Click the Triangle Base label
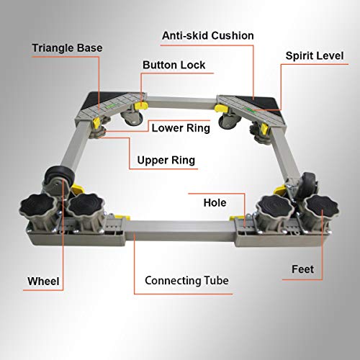click(67, 48)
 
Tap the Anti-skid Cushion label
click(208, 36)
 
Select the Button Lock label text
click(174, 65)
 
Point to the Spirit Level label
click(315, 56)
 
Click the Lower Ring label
click(181, 128)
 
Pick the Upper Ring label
click(166, 161)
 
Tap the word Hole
click(215, 203)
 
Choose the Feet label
click(302, 269)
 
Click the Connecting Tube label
click(186, 281)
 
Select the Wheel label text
click(43, 282)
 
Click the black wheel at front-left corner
click(59, 177)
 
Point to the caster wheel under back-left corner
click(132, 117)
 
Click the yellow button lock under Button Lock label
click(142, 104)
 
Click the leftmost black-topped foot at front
click(38, 207)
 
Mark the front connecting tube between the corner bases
click(180, 230)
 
